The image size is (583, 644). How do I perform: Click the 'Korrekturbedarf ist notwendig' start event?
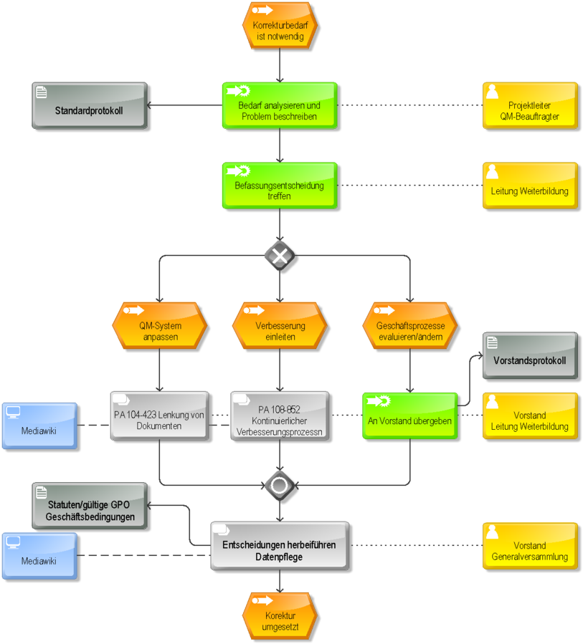point(280,26)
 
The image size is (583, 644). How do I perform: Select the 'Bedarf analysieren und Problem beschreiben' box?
point(280,105)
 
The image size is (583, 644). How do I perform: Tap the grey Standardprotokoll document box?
point(90,105)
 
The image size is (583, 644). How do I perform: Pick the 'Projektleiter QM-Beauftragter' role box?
point(530,105)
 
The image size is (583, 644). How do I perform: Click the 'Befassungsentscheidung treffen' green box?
point(280,186)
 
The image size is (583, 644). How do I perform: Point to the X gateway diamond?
point(280,256)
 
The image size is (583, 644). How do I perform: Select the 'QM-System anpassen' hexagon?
point(159,326)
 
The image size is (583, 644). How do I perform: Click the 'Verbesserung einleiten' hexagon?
point(280,326)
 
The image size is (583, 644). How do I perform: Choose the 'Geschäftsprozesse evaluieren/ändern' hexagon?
point(410,326)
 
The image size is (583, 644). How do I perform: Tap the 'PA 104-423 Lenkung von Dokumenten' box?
point(159,415)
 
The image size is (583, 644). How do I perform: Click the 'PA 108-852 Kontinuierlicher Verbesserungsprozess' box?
point(280,415)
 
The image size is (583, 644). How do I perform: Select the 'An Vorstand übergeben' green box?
point(410,415)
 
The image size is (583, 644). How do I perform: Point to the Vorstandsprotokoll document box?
point(530,356)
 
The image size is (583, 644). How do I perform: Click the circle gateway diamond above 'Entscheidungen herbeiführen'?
point(280,486)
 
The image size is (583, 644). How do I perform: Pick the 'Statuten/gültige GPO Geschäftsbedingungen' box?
point(90,506)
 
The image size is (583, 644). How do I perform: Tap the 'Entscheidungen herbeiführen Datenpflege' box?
point(280,546)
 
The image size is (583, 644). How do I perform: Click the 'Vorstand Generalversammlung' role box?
point(530,546)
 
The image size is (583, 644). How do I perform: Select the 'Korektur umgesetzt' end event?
point(280,615)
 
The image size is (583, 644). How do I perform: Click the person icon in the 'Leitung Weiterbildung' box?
point(492,172)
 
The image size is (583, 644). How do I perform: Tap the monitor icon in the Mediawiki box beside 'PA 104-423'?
point(13,412)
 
